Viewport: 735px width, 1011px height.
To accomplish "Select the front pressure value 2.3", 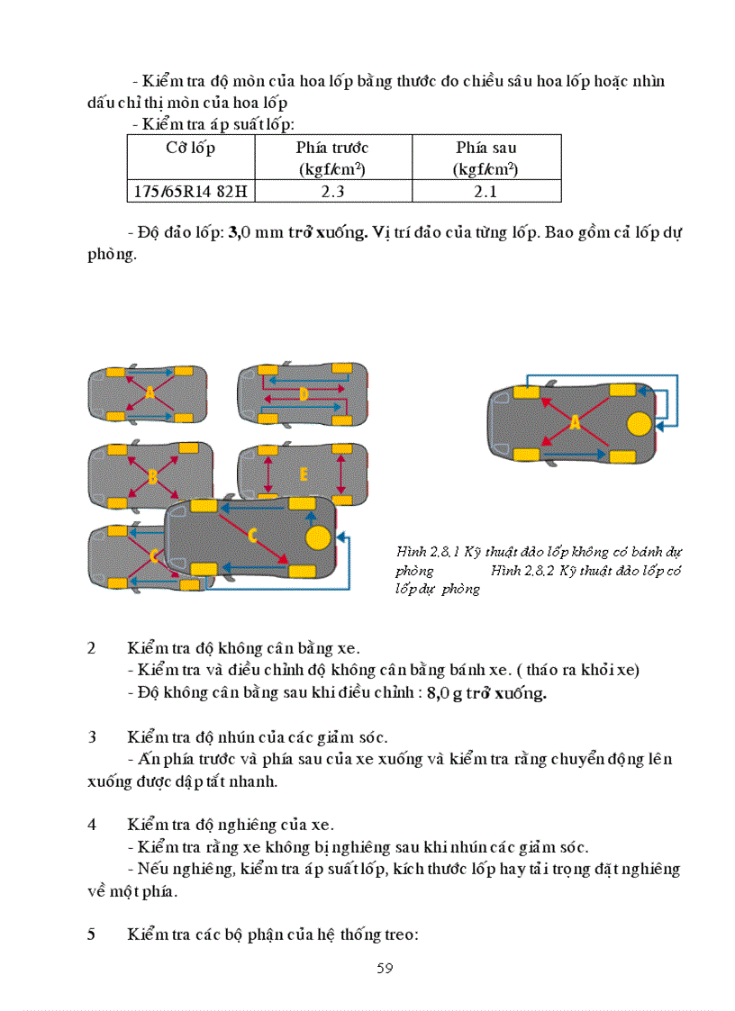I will click(x=332, y=191).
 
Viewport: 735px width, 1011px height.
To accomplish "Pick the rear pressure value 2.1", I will click(x=485, y=191).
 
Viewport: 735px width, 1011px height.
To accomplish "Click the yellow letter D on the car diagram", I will click(x=304, y=393).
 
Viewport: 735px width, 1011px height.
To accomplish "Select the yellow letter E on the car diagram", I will click(x=304, y=474).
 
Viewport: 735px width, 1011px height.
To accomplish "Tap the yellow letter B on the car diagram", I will click(x=151, y=476).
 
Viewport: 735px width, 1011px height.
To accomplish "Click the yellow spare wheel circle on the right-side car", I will click(x=640, y=423).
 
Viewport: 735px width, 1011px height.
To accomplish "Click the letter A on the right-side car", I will click(x=575, y=421).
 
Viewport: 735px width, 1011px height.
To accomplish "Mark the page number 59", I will click(x=385, y=968).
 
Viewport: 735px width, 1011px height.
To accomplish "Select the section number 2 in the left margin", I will click(x=92, y=648).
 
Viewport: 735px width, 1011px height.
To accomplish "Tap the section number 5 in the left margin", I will click(x=92, y=934).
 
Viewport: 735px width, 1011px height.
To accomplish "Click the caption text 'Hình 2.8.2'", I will click(x=521, y=571).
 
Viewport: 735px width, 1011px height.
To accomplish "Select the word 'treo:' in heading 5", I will click(x=398, y=934).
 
